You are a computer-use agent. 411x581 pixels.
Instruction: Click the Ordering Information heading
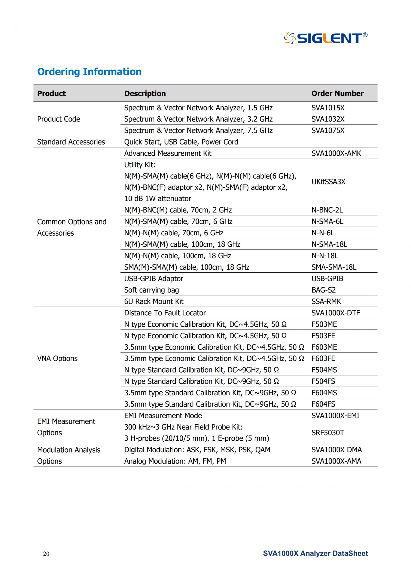[89, 72]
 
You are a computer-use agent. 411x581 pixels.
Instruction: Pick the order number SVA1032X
[328, 119]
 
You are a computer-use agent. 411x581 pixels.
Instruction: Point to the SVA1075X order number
[328, 130]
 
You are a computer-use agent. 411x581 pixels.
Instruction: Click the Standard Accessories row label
[71, 142]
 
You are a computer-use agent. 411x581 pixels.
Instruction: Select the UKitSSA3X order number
[328, 182]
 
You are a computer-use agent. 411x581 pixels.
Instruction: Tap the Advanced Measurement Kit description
[168, 153]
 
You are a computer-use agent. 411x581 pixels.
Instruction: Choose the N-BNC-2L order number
[327, 210]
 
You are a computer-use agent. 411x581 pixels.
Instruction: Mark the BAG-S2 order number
[323, 290]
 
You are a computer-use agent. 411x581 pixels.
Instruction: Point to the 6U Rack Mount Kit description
[154, 301]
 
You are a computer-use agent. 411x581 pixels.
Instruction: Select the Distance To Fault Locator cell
[165, 313]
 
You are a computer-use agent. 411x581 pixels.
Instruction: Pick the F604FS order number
[323, 404]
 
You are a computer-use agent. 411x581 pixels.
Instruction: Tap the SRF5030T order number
[328, 432]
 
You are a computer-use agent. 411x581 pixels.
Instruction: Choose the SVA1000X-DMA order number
[337, 450]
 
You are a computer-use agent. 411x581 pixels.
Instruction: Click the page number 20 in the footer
[46, 554]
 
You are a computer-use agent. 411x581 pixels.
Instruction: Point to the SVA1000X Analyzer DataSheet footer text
[315, 553]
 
